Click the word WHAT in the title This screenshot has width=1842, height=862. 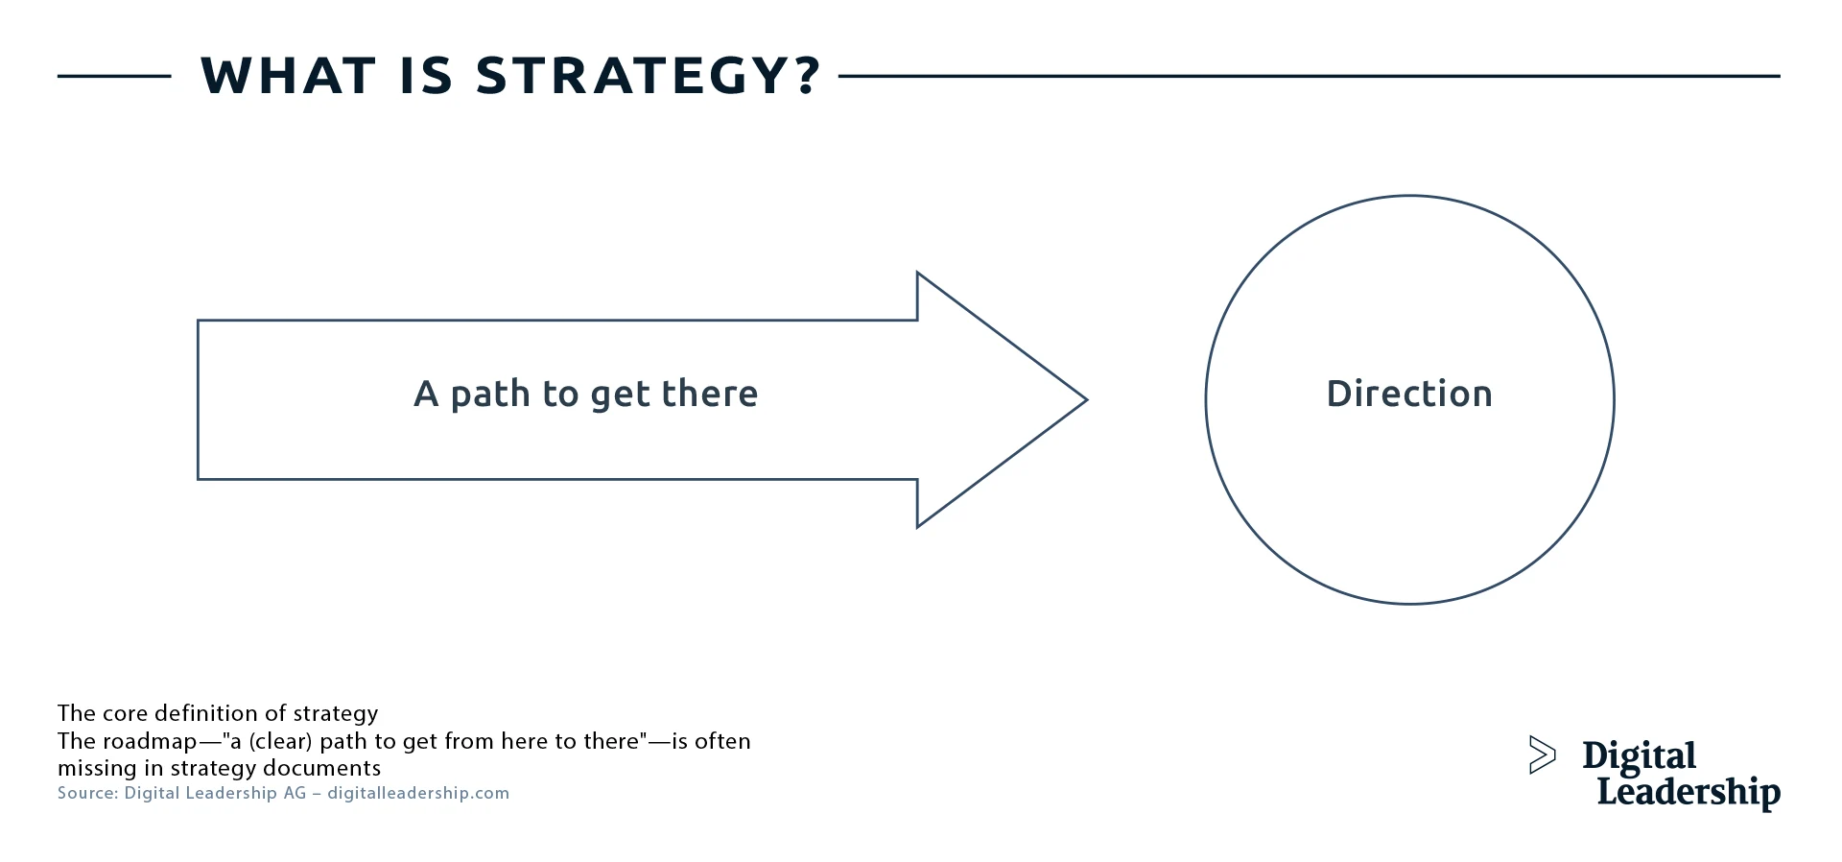(x=288, y=76)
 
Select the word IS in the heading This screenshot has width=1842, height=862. (x=426, y=76)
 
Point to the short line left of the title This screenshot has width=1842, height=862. (x=114, y=76)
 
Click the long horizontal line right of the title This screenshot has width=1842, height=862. (x=1309, y=76)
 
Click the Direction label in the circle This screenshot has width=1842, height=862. (x=1409, y=394)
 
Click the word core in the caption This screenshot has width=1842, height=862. (x=125, y=713)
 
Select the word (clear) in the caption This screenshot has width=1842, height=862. (x=280, y=741)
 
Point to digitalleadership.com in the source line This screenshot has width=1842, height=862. (x=418, y=793)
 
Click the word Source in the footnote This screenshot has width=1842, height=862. (x=87, y=793)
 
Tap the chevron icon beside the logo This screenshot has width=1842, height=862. (x=1541, y=754)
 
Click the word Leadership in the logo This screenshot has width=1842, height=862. (x=1688, y=792)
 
